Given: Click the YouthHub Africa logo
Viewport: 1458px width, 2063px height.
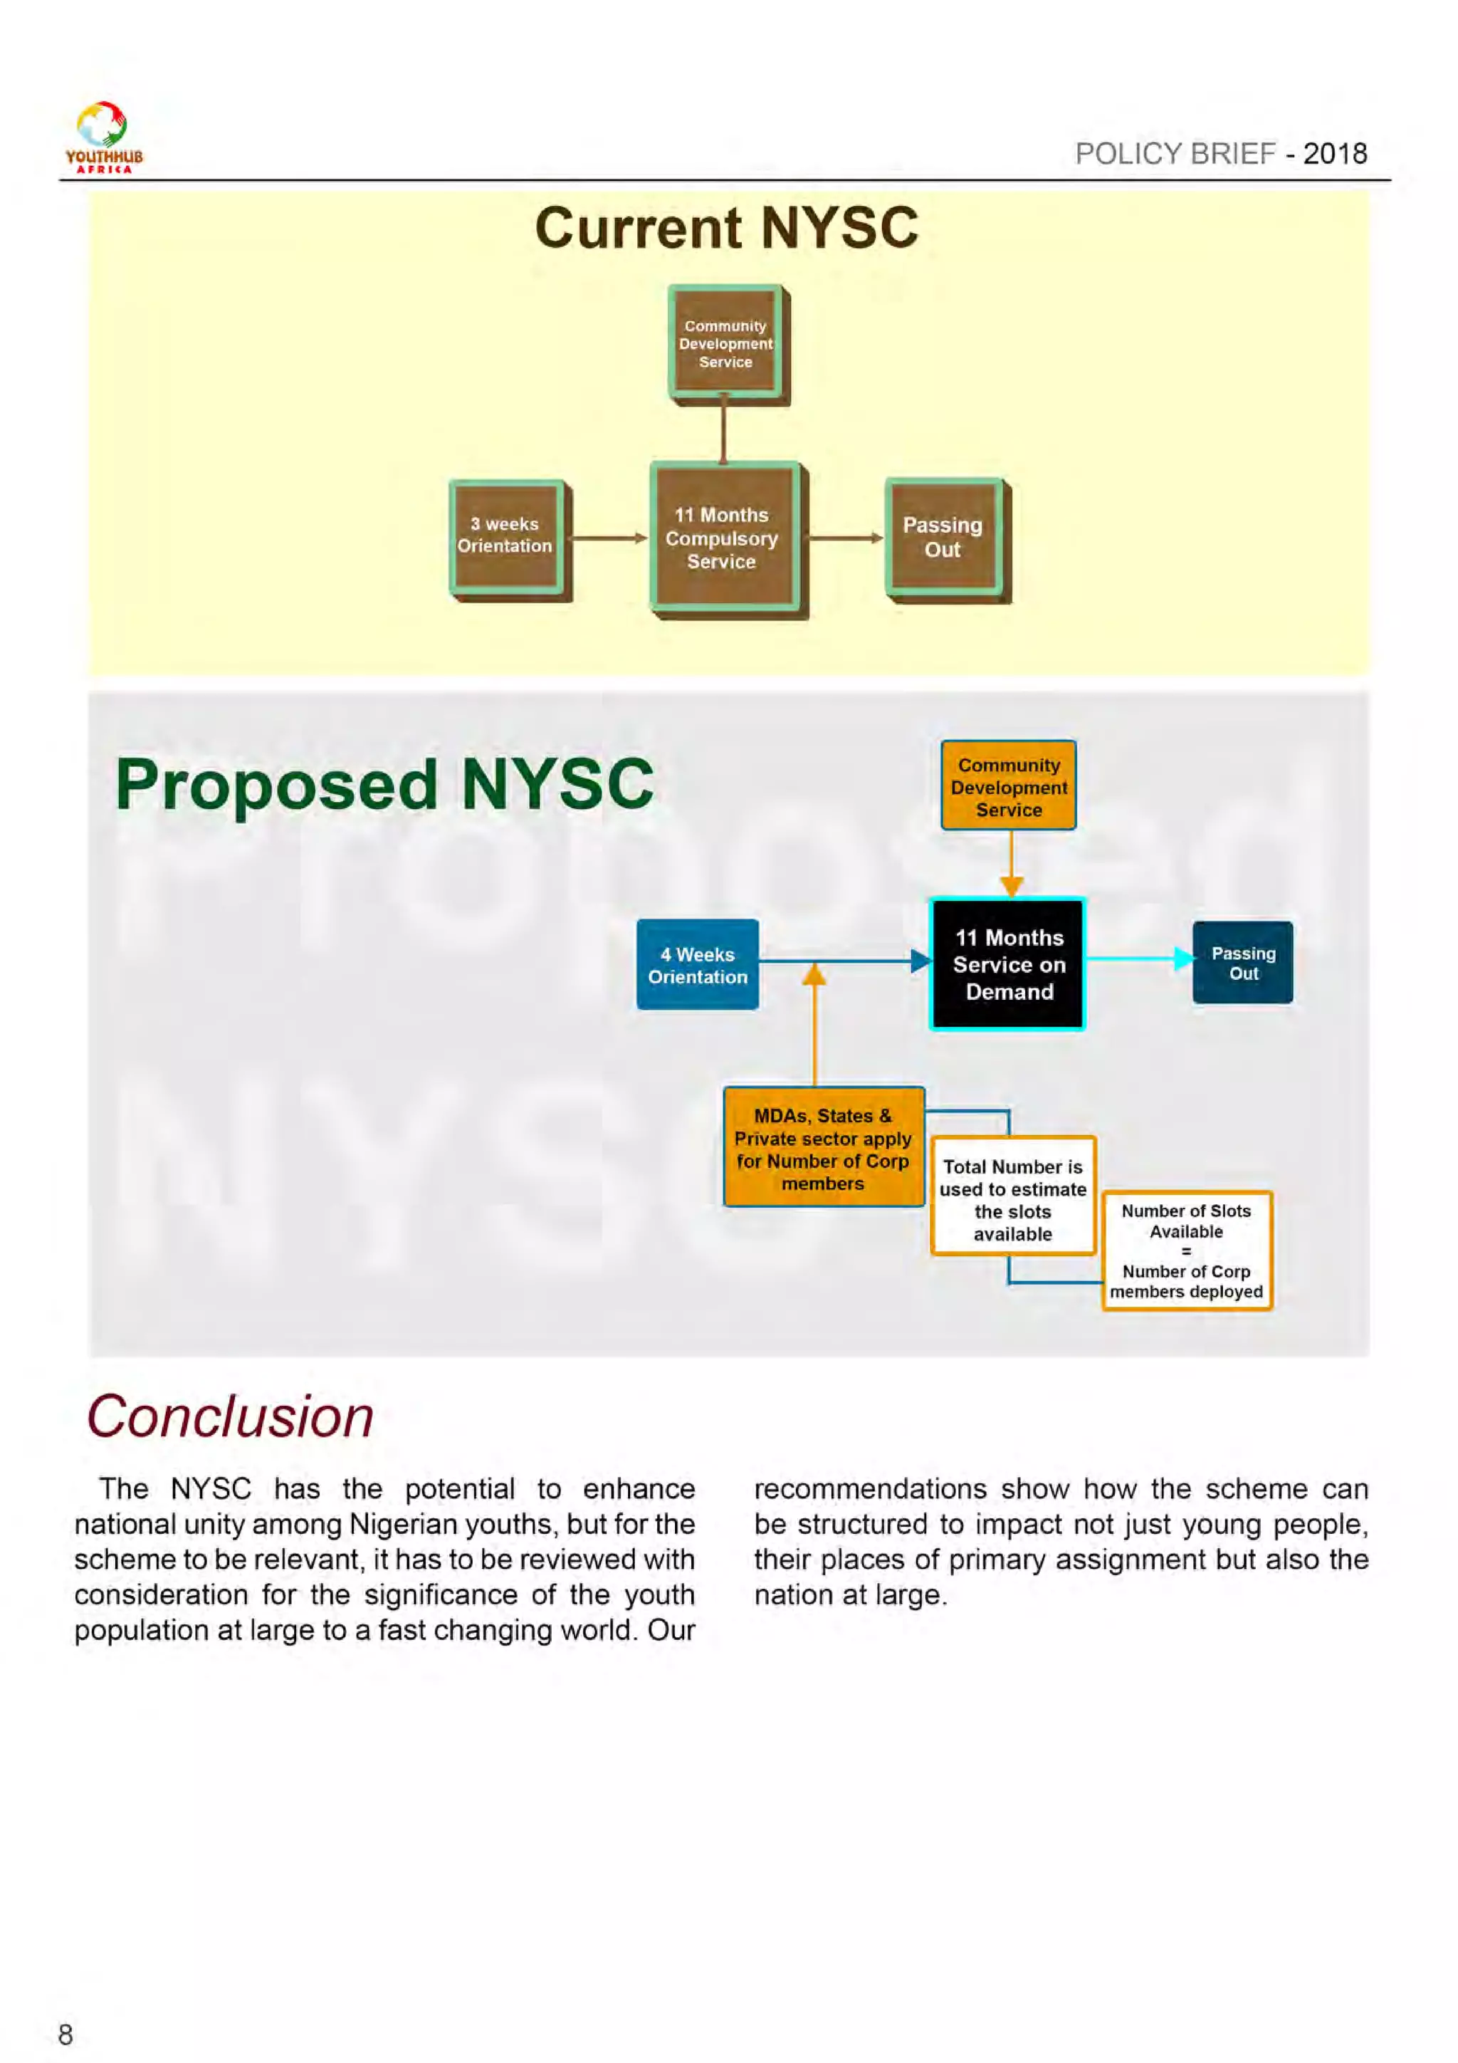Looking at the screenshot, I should pos(103,137).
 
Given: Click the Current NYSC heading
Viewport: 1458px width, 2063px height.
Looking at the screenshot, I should pos(726,227).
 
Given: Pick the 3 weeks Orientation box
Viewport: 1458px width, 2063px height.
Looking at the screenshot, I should pos(505,536).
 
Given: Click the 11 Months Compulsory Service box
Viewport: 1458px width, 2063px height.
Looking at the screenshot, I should pos(723,538).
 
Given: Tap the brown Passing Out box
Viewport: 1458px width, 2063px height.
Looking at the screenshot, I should pos(943,538).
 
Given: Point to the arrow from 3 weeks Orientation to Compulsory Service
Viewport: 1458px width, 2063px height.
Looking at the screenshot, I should pos(609,538).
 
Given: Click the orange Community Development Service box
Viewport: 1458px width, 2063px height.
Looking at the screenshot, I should pos(1008,786).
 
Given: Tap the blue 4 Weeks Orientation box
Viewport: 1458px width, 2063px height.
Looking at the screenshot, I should pos(697,965).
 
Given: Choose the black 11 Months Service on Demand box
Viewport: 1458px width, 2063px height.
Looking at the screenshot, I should pos(1008,964).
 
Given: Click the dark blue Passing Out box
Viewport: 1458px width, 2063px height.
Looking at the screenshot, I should pos(1242,962).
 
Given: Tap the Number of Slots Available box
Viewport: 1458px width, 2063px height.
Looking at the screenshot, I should pos(1186,1250).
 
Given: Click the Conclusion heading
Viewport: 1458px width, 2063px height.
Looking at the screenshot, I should pos(230,1418).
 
